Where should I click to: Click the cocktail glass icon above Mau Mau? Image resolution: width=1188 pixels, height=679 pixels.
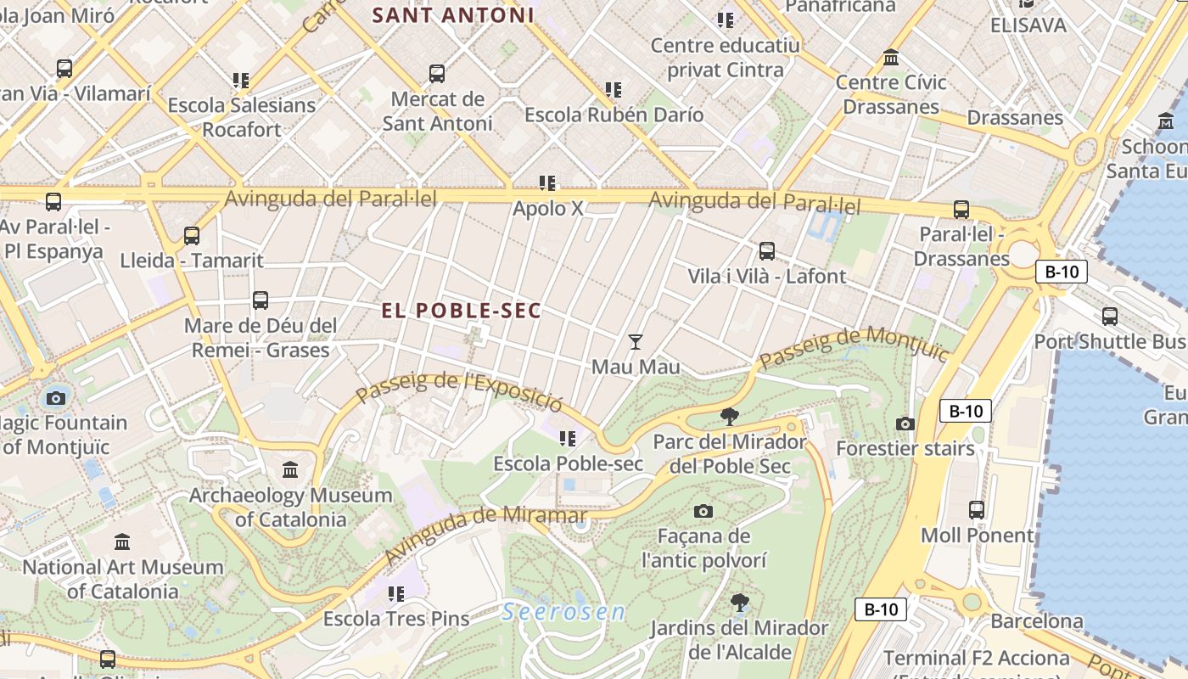[635, 341]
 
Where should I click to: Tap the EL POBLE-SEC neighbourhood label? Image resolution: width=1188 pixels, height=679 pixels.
[461, 311]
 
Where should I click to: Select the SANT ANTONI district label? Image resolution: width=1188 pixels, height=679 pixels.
[453, 14]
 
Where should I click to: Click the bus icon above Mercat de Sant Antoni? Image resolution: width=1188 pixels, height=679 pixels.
[437, 74]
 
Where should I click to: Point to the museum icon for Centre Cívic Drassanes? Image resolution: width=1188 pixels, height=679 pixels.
[891, 58]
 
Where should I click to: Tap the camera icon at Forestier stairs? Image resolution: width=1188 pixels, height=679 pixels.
[905, 424]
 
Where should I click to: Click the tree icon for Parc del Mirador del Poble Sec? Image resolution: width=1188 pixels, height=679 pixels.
[729, 416]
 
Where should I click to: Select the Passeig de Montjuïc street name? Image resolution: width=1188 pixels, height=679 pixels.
[854, 347]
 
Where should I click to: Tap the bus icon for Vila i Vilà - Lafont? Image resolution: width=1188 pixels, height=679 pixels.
[767, 251]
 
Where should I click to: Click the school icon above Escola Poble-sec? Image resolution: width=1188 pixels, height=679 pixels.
[568, 439]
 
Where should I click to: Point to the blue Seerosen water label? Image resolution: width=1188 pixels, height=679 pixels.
[563, 611]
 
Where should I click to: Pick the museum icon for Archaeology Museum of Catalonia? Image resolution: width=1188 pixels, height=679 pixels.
[290, 469]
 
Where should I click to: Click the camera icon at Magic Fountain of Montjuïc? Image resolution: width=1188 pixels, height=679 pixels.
[56, 397]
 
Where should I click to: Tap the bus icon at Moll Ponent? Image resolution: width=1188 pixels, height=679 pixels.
[977, 510]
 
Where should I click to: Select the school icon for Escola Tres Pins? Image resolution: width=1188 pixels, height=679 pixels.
[395, 594]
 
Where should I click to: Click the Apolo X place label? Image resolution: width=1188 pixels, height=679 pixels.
[548, 207]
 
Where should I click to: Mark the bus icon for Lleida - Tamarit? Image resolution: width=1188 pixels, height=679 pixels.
[192, 235]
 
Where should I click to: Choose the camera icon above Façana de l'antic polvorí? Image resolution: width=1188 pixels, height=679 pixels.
[703, 511]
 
